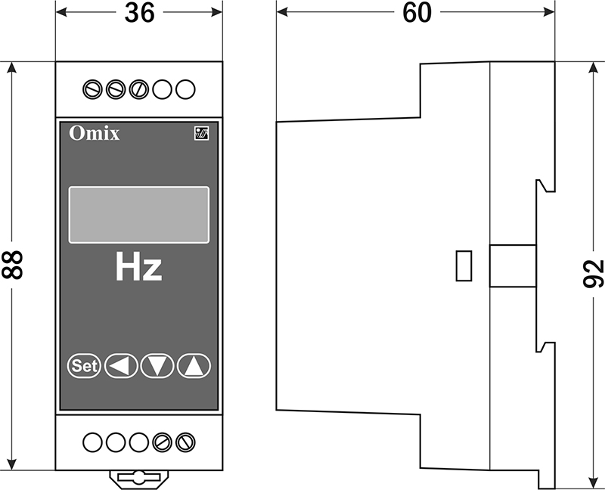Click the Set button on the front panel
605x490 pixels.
tap(84, 365)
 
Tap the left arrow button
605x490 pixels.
tap(121, 365)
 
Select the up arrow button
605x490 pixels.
tap(194, 365)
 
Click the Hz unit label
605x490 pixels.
tap(138, 267)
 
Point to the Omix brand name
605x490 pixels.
tap(94, 134)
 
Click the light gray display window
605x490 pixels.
tap(139, 215)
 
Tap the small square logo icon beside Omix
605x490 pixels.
tap(201, 134)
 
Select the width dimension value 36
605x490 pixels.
tap(139, 13)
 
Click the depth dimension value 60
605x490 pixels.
tap(417, 13)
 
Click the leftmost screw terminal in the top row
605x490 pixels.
tap(92, 89)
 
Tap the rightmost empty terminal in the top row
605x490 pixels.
tap(185, 89)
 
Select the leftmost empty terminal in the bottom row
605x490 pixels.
tap(92, 442)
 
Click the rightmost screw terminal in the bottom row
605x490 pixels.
tap(185, 442)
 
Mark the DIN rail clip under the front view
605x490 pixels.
tap(139, 479)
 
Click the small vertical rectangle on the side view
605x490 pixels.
tap(464, 266)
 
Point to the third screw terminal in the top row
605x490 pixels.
tap(139, 89)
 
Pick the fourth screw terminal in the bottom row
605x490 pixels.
tap(162, 442)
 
